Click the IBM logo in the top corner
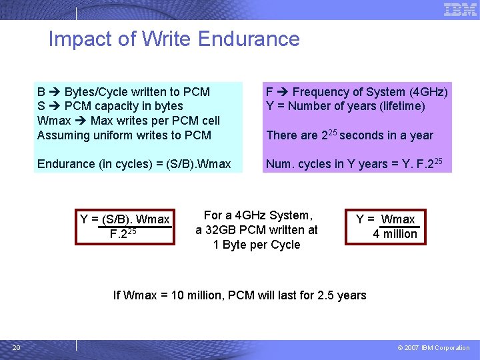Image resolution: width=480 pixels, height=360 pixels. (x=460, y=9)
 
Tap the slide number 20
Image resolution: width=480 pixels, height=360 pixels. (x=17, y=347)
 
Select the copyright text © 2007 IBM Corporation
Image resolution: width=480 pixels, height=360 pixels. (x=433, y=347)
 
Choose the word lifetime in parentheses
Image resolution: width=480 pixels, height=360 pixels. (x=401, y=106)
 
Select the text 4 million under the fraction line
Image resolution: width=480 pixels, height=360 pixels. (x=395, y=234)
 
